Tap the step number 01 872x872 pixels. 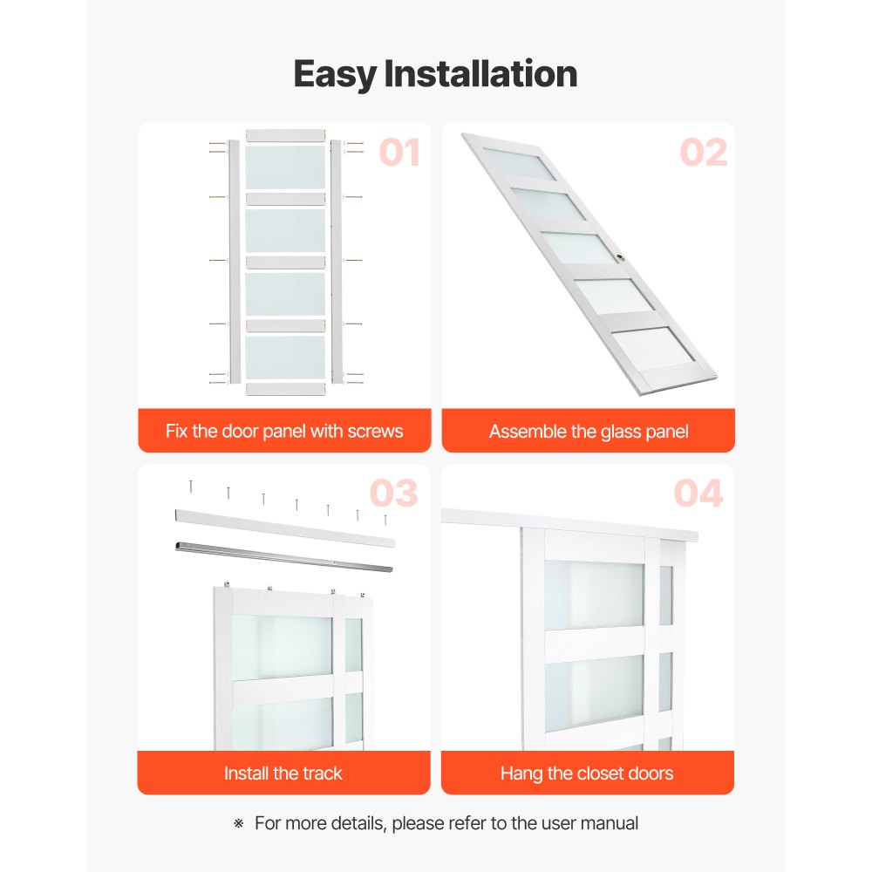click(399, 153)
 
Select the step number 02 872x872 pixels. click(703, 153)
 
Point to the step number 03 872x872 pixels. click(393, 494)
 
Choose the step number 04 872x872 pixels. click(698, 494)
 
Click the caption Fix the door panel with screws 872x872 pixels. click(284, 431)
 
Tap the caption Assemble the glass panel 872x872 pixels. click(589, 431)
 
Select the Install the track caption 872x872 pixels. click(283, 773)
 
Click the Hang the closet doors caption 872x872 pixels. click(587, 773)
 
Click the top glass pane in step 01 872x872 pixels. click(285, 167)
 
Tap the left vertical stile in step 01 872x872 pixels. click(234, 262)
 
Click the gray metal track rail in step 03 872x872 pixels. click(283, 555)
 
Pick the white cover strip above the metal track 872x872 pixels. click(283, 528)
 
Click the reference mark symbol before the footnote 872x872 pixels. click(238, 823)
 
